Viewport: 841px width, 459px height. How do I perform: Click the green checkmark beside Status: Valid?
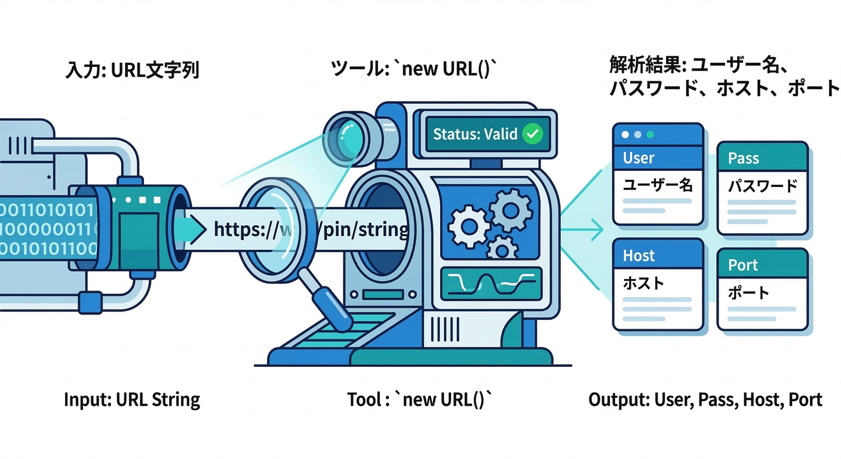point(532,134)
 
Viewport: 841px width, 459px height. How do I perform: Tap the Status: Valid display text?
point(475,134)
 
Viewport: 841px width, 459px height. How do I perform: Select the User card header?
point(657,157)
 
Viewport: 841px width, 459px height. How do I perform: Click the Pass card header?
point(762,158)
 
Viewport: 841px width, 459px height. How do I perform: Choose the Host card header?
point(657,255)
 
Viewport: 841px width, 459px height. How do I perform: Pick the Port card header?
point(762,265)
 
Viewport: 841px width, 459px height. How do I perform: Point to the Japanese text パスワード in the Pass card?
point(762,186)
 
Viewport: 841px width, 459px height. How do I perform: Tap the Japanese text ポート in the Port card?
point(748,293)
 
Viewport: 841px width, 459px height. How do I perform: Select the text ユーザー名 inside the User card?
point(657,185)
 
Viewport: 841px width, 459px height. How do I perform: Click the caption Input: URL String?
point(132,400)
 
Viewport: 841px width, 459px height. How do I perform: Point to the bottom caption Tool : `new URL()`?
point(420,400)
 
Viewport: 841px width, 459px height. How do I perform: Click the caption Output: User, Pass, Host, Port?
point(705,400)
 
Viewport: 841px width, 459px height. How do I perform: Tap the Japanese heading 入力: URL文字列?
point(132,71)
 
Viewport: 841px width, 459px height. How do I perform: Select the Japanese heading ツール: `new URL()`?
point(414,69)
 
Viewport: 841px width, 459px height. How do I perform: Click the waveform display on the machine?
point(490,281)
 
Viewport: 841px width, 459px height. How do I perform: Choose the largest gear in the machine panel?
point(511,209)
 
